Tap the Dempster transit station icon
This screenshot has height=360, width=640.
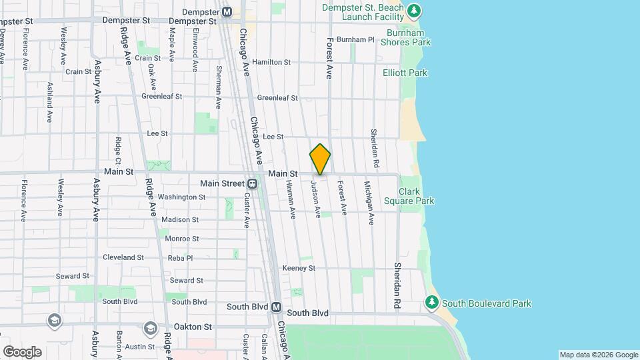(x=227, y=11)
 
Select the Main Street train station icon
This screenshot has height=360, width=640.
(x=253, y=183)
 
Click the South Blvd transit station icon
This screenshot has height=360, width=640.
(x=276, y=307)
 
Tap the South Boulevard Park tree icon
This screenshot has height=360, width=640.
(x=432, y=303)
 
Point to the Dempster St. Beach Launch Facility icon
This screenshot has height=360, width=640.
(x=415, y=11)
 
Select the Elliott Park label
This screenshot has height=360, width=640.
(x=405, y=73)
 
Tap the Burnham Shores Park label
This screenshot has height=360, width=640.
(x=405, y=37)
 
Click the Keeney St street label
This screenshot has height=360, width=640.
(x=298, y=268)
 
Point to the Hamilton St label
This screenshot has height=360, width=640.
(x=271, y=62)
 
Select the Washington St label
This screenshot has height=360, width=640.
(x=181, y=197)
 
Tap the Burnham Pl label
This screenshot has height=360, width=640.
(x=355, y=39)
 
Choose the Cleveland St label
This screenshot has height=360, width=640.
(x=123, y=257)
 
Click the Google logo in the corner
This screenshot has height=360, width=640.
(x=22, y=351)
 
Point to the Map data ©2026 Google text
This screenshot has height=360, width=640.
(x=598, y=355)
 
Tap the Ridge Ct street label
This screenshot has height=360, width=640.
(x=117, y=150)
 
